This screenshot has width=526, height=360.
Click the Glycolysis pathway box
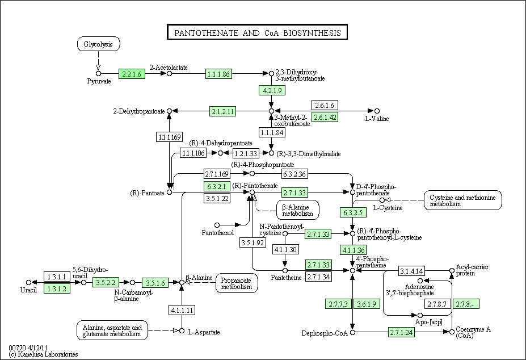point(98,44)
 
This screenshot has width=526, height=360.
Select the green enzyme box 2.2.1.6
point(132,74)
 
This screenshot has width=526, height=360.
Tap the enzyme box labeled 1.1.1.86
point(218,74)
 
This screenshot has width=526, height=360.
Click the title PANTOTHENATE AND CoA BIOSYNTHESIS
point(257,32)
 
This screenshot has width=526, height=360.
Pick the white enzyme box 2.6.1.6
point(325,105)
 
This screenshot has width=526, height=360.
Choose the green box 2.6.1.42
point(325,117)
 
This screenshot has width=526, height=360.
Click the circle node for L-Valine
point(377,111)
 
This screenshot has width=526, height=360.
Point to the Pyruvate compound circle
point(98,74)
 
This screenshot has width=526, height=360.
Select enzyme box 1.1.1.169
point(170,137)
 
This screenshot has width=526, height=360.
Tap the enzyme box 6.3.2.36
point(294,174)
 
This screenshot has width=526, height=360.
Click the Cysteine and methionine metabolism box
point(463,200)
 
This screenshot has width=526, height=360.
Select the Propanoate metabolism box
point(237,283)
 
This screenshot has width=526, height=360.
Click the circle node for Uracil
point(28,282)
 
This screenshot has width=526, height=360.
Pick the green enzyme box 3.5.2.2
point(106,282)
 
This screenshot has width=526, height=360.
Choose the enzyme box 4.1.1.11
point(182,310)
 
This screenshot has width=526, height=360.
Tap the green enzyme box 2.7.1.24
point(402,333)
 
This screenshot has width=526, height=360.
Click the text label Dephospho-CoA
point(325,333)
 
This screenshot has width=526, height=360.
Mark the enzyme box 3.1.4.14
point(411,271)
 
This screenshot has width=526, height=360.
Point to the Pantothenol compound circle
point(217,225)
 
